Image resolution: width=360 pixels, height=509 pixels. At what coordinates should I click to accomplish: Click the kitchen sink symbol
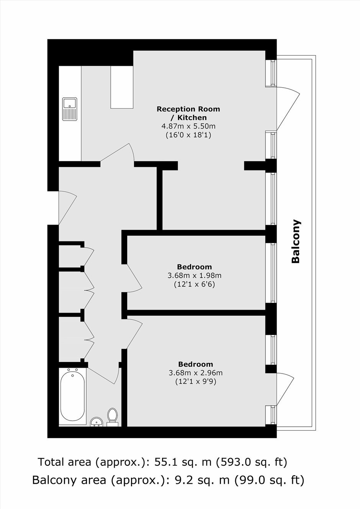click(x=70, y=109)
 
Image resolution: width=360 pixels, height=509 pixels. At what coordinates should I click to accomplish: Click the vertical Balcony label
click(x=296, y=241)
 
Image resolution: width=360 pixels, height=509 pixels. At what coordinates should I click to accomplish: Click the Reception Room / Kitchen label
click(x=188, y=113)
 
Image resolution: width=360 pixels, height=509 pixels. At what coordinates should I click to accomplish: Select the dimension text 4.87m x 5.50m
click(x=188, y=126)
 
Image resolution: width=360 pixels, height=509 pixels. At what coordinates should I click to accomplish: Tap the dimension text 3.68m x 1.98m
click(x=195, y=276)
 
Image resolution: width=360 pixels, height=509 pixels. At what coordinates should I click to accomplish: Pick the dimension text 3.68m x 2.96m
click(x=196, y=373)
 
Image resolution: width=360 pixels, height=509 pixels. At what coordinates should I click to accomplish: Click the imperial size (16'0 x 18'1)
click(x=188, y=135)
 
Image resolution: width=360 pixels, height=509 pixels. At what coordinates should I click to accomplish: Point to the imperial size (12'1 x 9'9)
click(x=196, y=382)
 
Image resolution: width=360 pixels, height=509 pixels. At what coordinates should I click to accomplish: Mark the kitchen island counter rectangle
click(x=122, y=87)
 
